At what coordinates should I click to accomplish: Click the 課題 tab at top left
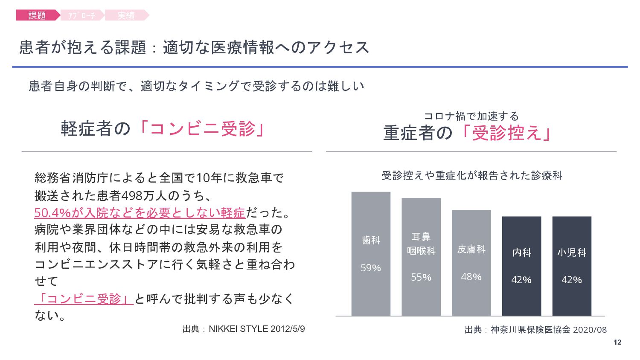37,15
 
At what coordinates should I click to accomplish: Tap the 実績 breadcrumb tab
126,15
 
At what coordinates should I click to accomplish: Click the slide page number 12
617,342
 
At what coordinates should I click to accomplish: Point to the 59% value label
371,268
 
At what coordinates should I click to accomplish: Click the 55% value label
421,277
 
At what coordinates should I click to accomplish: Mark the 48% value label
471,277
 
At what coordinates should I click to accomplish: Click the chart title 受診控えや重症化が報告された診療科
471,175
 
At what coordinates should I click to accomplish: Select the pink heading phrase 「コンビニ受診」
201,128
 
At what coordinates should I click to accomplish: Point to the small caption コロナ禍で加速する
471,116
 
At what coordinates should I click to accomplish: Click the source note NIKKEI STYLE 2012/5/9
244,329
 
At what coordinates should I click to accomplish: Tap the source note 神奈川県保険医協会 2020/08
535,330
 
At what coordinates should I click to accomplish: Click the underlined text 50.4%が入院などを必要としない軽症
140,212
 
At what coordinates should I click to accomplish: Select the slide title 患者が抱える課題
83,47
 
